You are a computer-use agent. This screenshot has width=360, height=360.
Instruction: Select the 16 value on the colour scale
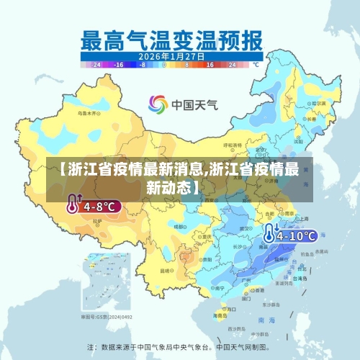[210, 64]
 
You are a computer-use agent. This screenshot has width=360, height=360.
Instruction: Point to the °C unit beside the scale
[255, 64]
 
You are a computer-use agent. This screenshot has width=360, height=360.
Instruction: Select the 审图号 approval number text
[107, 316]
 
